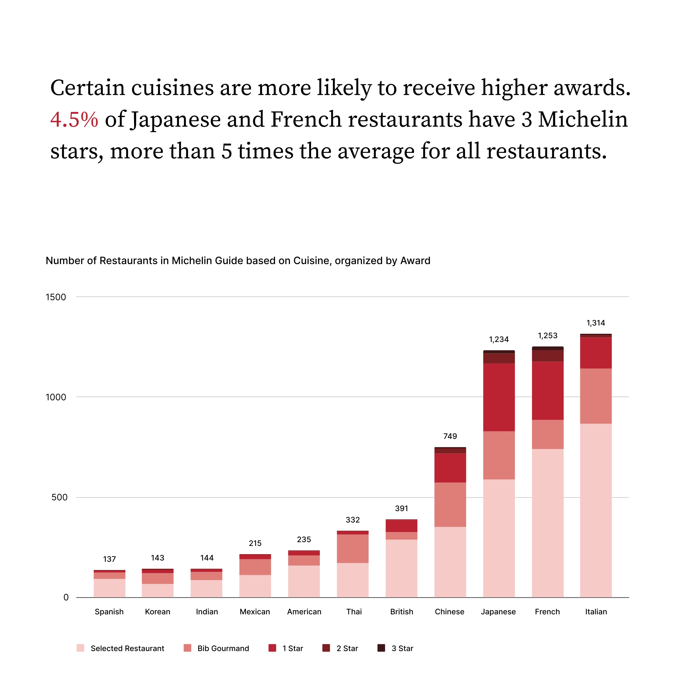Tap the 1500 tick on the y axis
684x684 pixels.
[56, 297]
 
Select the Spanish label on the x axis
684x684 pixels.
[109, 612]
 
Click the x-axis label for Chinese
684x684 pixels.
[449, 612]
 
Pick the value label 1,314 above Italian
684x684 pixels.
[596, 323]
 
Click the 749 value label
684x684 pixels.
[450, 436]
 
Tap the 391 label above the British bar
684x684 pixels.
[402, 508]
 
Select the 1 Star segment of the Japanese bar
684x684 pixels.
[499, 397]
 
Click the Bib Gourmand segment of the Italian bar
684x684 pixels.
[596, 396]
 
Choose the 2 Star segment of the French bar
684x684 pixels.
[548, 356]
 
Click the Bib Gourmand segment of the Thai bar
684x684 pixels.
[353, 549]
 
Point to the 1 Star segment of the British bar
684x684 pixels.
[402, 526]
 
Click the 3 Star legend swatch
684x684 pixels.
[381, 648]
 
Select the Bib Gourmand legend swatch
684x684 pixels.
[187, 648]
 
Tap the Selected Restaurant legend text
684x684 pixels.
[127, 649]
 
